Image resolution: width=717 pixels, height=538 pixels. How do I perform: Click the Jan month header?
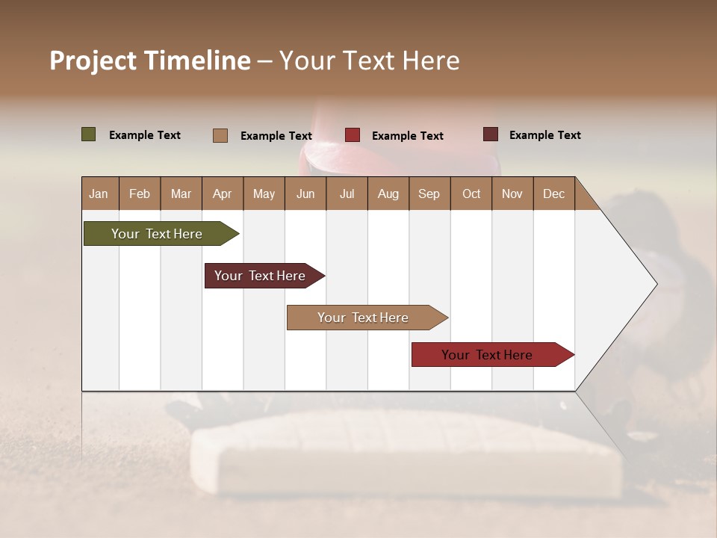(99, 194)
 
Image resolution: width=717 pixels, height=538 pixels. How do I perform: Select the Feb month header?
(140, 194)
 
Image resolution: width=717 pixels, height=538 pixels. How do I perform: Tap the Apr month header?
(222, 194)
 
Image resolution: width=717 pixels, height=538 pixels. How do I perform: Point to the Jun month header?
(305, 194)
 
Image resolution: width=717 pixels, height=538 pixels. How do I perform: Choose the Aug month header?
(388, 194)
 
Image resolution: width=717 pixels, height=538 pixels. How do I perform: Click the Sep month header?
(429, 194)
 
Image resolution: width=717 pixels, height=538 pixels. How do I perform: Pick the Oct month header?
(471, 194)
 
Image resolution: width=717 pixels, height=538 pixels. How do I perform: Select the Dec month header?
(553, 194)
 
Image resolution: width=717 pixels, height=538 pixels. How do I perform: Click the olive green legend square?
(88, 134)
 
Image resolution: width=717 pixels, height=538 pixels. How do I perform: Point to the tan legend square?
(220, 135)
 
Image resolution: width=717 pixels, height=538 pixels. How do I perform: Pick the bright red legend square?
(353, 135)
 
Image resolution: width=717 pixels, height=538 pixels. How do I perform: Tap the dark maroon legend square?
(490, 134)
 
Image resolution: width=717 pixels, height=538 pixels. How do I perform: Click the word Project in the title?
(93, 61)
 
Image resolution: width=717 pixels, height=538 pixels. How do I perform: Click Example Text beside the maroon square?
(544, 135)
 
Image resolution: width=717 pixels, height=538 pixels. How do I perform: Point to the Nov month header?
(512, 194)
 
